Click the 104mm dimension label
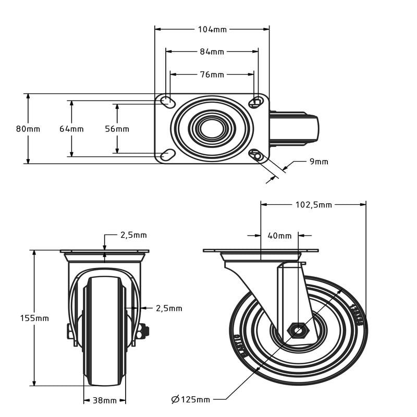tap(212, 30)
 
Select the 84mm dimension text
tap(212, 52)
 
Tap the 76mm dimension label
tap(212, 75)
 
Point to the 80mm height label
tap(28, 129)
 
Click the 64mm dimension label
tap(71, 129)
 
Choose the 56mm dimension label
tap(117, 129)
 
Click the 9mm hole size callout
tap(319, 162)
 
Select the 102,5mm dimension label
tap(314, 205)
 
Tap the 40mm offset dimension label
tap(279, 236)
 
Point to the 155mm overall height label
tap(34, 318)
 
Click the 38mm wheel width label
tap(105, 400)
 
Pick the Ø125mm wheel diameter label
tap(191, 399)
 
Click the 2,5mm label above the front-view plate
tap(133, 235)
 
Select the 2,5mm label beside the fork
tap(169, 309)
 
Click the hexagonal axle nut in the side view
tap(298, 330)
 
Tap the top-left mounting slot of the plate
tap(168, 102)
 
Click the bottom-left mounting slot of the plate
tap(168, 155)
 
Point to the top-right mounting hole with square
tap(256, 102)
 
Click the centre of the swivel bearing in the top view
tap(212, 129)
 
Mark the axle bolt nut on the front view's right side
tap(144, 332)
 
